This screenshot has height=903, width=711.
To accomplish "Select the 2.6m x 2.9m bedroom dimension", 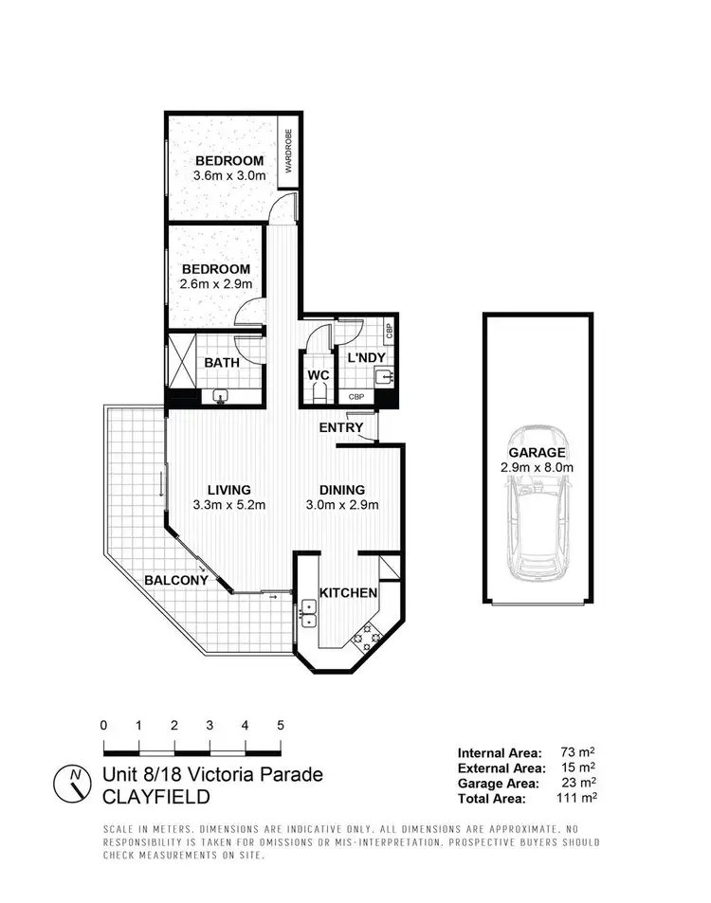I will point(215,284).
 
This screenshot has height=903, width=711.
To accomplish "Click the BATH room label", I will point(223,362).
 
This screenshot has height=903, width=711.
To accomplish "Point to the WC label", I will point(318,375).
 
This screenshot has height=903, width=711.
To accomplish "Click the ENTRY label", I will point(341,427).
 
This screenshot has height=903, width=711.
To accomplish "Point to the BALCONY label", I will point(176,579).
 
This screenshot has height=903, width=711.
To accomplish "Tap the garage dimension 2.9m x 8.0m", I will point(538,468).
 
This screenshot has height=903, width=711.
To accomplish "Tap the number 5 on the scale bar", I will point(281,725).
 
